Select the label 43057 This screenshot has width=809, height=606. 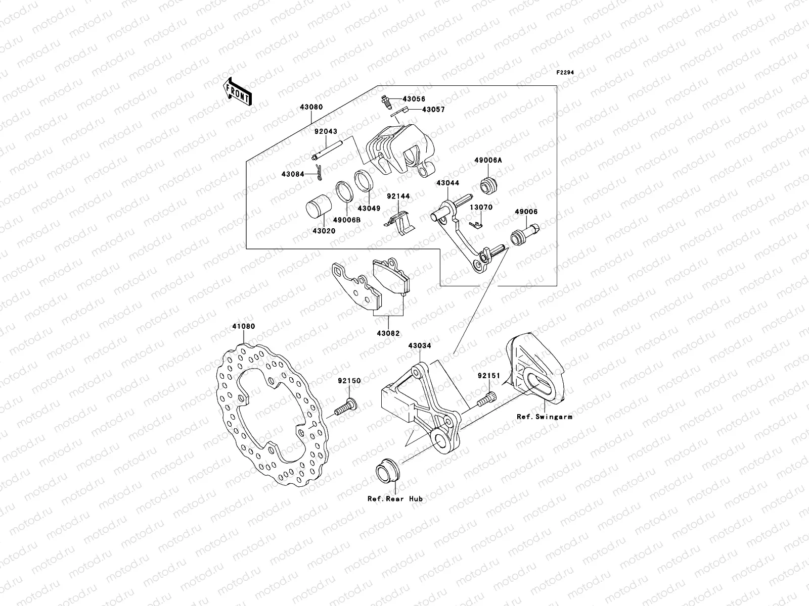pyautogui.click(x=433, y=109)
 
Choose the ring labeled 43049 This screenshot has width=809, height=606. pyautogui.click(x=364, y=181)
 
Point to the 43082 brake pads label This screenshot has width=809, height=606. pyautogui.click(x=388, y=333)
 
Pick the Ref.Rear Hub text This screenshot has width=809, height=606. pyautogui.click(x=395, y=498)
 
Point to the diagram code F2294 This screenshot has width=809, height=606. pyautogui.click(x=566, y=73)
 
